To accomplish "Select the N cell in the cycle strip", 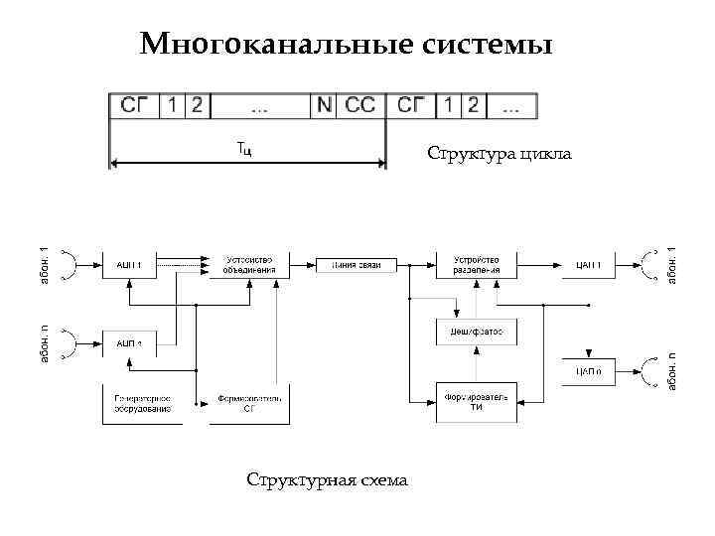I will (324, 104).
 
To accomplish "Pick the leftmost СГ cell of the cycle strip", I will (134, 104).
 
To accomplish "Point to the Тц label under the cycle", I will (245, 149).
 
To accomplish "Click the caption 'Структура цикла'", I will (500, 154).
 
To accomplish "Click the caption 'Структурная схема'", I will (327, 480).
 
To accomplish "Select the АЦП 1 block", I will (129, 265).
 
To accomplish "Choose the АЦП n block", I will (129, 343).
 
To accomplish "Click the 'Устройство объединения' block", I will (248, 265).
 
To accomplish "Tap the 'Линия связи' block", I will (356, 265).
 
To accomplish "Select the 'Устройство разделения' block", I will (477, 265).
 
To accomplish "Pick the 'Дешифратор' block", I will (477, 332).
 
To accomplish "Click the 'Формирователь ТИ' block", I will (477, 402).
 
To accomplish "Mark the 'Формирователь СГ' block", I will (249, 403).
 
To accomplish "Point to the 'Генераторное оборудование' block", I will (142, 403).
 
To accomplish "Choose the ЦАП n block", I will (588, 371).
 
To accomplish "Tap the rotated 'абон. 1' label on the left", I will (43, 266).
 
